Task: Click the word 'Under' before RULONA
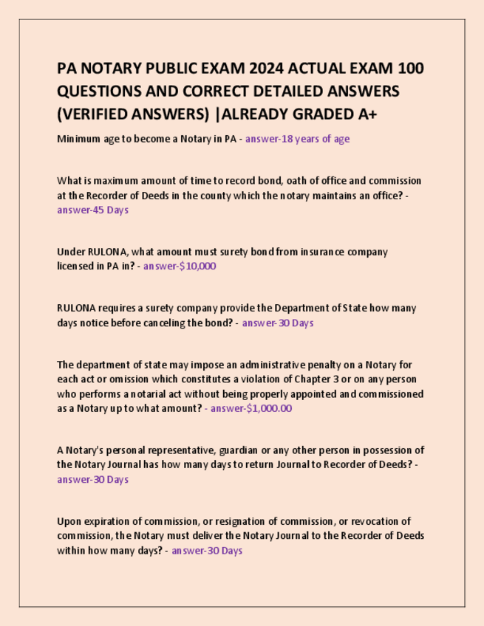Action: click(71, 252)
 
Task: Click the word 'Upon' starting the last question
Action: click(70, 522)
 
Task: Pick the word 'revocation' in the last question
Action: click(373, 522)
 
